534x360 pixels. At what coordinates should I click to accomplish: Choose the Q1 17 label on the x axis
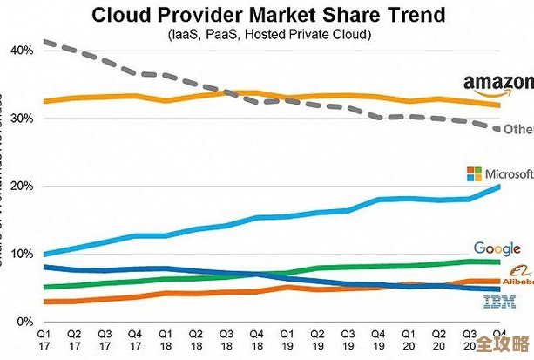pos(44,339)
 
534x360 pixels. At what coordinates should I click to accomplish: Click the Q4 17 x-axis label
pos(136,339)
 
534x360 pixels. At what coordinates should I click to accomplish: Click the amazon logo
pos(497,85)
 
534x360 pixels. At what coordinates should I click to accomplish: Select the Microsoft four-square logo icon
pos(474,173)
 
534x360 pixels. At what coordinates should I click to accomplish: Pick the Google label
pos(497,249)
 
